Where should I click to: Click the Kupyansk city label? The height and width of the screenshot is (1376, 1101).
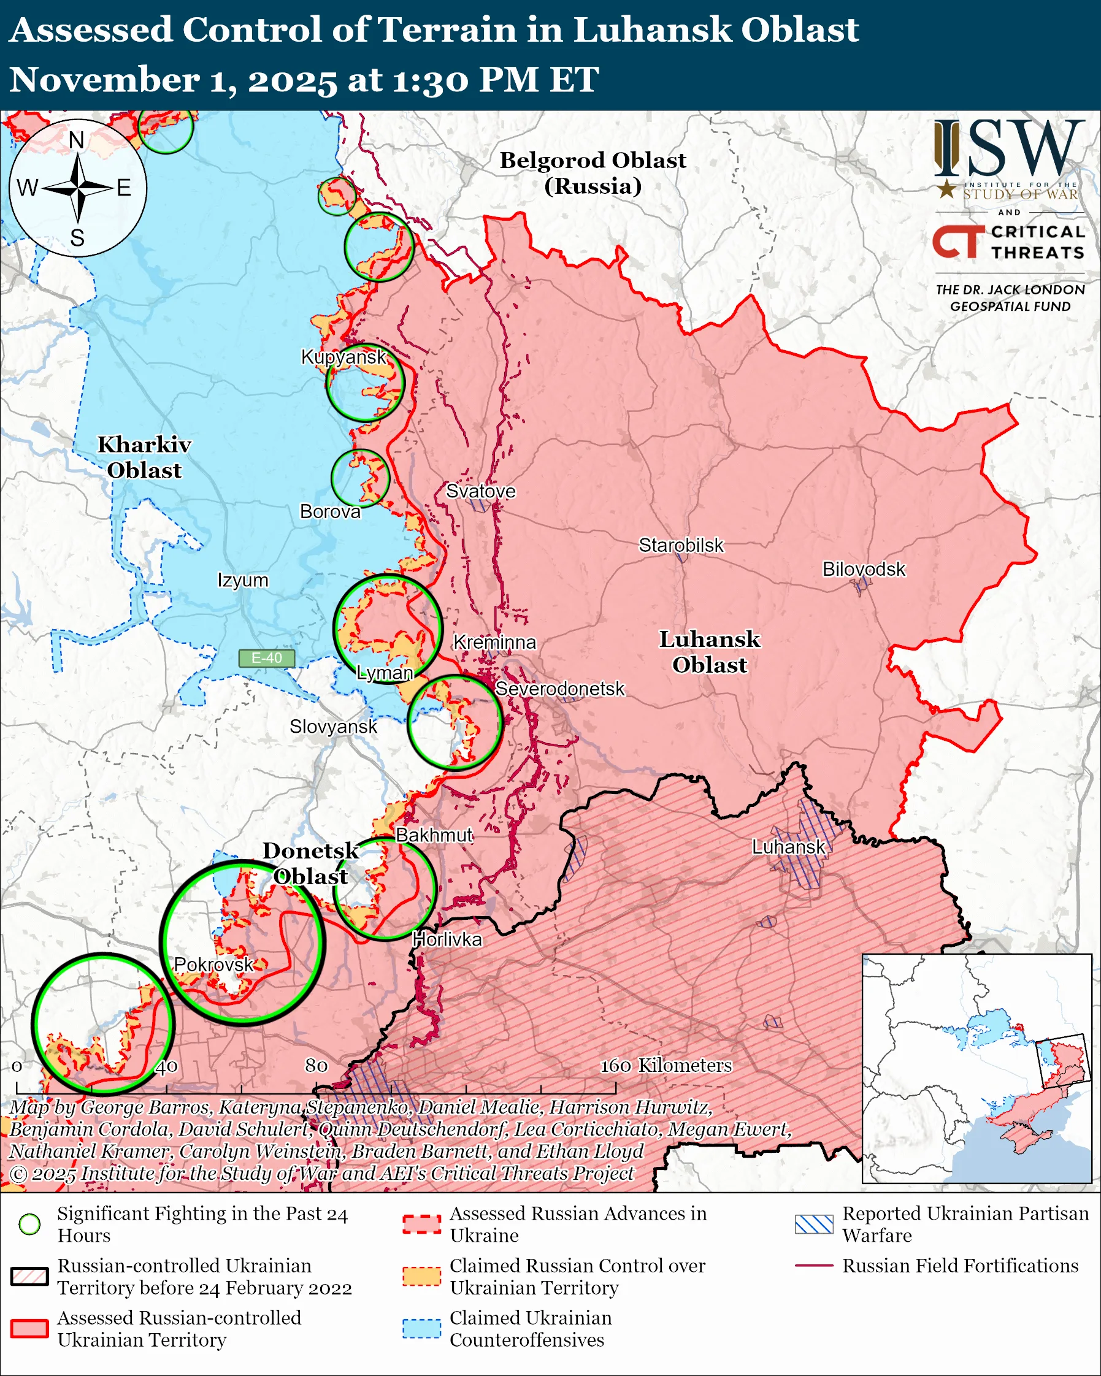(x=343, y=357)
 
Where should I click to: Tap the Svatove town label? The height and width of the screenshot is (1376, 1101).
(x=480, y=491)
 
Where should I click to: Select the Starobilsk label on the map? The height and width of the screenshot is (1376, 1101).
(x=680, y=545)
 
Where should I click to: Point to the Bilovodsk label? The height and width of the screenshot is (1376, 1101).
(x=863, y=568)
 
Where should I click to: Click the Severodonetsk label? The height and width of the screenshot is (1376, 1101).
(x=559, y=689)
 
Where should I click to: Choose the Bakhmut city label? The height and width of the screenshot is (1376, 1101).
(x=434, y=835)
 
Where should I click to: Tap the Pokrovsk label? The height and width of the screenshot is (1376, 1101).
(x=213, y=965)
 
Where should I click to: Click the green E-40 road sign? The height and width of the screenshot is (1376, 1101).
(x=266, y=658)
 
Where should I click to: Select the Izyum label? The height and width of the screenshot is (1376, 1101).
(x=242, y=580)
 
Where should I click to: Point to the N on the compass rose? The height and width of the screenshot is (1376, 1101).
(x=77, y=140)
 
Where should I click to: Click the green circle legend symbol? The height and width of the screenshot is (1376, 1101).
(x=29, y=1224)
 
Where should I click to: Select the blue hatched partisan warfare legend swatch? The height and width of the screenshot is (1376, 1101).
(x=814, y=1224)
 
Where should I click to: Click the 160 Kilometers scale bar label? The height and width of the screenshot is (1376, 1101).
(x=665, y=1065)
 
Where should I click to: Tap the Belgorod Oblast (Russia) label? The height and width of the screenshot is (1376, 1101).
(x=593, y=172)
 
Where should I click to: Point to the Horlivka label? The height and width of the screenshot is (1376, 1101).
(x=447, y=939)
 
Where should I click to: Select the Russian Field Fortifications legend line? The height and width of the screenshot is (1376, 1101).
(x=814, y=1265)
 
